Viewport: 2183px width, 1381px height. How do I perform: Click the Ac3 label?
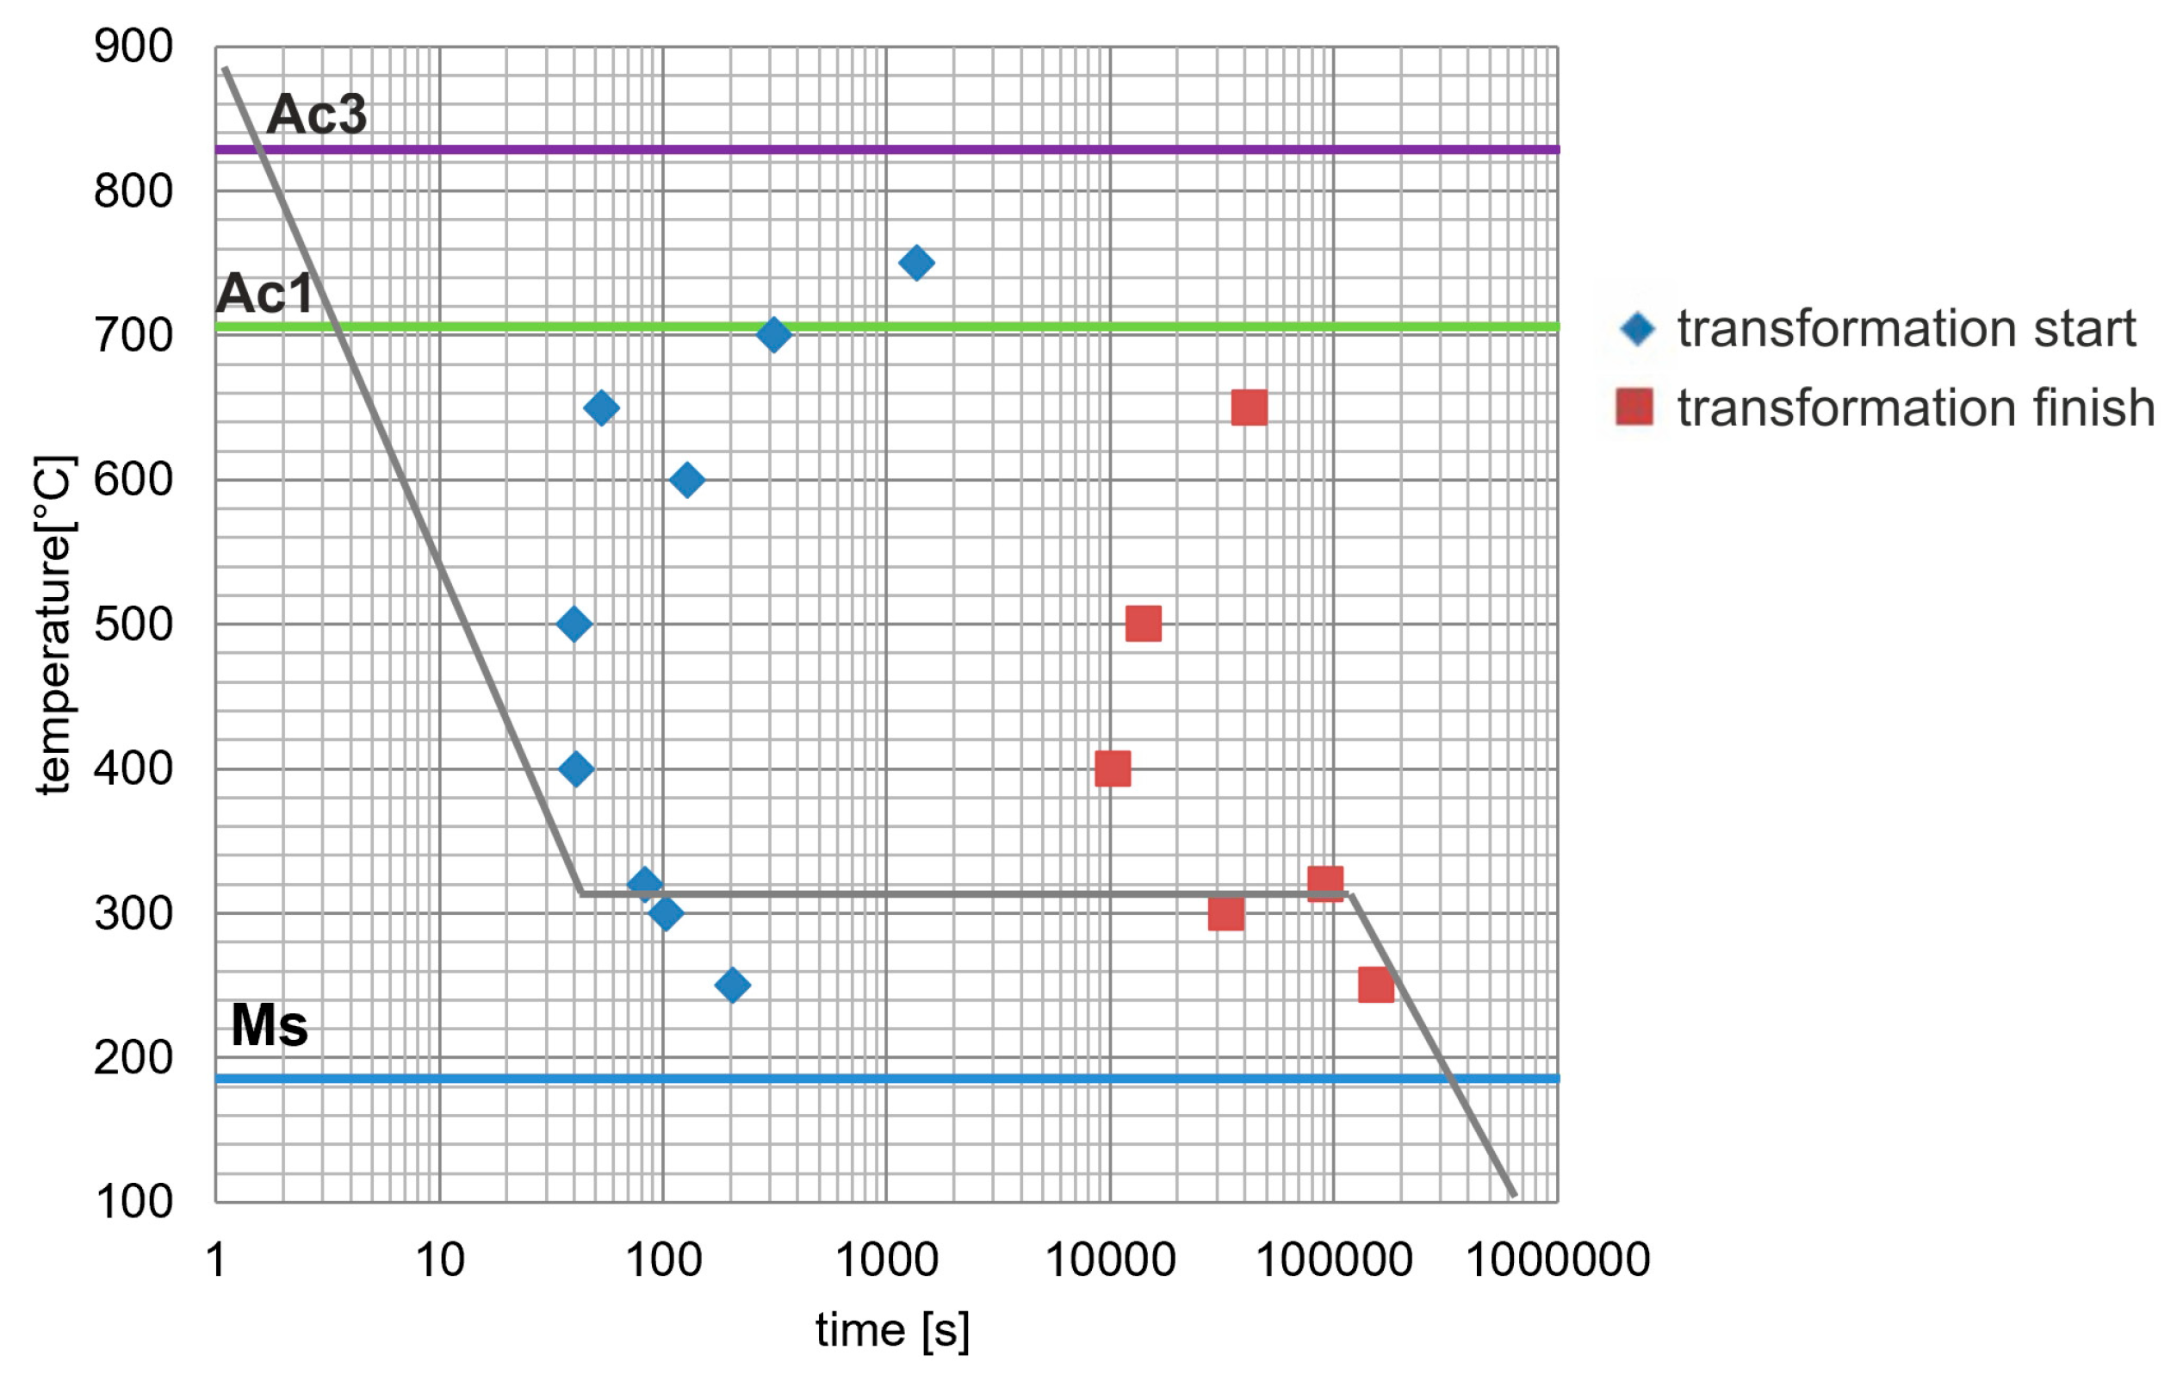[x=316, y=115]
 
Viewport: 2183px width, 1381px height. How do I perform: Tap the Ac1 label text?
[x=264, y=293]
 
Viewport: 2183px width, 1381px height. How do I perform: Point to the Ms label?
[x=270, y=1025]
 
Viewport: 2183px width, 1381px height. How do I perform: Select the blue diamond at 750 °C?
[x=915, y=263]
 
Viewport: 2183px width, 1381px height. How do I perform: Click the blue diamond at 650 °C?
[x=601, y=408]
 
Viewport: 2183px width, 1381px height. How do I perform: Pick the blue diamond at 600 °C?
[x=687, y=480]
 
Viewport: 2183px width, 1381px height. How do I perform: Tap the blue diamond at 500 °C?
[x=574, y=624]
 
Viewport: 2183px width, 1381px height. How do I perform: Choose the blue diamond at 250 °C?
[x=733, y=985]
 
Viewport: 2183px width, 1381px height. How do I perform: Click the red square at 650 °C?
[x=1249, y=408]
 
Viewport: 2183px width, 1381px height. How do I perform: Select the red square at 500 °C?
[x=1144, y=624]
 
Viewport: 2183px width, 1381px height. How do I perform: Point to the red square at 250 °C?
[x=1375, y=985]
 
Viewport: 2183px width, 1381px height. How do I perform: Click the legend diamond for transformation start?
[x=1637, y=328]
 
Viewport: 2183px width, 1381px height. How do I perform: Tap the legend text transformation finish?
[x=1915, y=407]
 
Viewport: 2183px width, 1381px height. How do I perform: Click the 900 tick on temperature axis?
[x=133, y=47]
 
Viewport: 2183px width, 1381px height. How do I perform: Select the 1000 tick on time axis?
[x=886, y=1260]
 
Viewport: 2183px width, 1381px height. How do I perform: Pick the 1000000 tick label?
[x=1558, y=1260]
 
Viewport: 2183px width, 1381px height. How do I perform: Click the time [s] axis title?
[x=892, y=1331]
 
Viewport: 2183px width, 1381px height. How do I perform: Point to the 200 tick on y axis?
[x=133, y=1057]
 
